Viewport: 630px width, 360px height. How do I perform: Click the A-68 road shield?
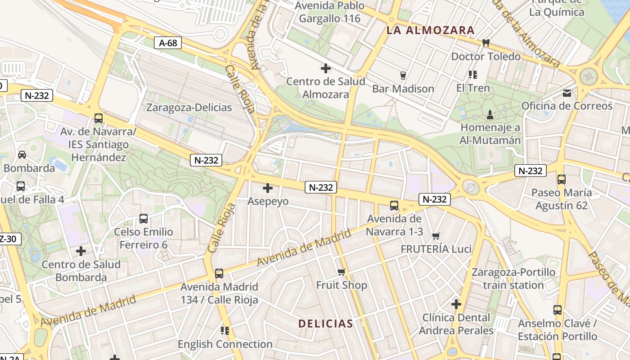pos(168,43)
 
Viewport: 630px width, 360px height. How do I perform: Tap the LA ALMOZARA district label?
pos(431,31)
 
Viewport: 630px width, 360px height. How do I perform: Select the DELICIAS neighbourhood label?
pos(326,324)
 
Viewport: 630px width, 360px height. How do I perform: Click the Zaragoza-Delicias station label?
pos(189,108)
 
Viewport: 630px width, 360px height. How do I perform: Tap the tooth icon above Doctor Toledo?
pos(486,43)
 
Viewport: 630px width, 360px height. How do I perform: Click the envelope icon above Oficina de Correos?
pos(567,93)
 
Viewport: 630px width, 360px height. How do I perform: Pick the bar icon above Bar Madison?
pos(403,75)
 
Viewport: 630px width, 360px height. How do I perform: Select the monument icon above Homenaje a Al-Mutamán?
pos(490,115)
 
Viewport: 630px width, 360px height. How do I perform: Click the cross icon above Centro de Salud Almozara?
pos(326,68)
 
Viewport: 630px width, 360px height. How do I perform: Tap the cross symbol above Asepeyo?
pos(268,188)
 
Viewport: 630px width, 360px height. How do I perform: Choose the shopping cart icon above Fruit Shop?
pos(342,272)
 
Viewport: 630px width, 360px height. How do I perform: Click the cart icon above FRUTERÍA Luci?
pos(436,236)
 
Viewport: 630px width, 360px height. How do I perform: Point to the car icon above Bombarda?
pos(22,155)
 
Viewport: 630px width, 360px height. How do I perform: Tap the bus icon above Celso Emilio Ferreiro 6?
pos(144,219)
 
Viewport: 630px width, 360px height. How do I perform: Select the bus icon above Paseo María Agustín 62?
pos(562,180)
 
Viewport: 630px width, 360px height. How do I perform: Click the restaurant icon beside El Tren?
pos(472,75)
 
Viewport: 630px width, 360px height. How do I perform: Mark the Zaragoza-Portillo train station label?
pos(513,279)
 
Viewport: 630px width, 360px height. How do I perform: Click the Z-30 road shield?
pos(9,239)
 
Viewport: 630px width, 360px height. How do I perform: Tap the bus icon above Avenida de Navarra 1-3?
pos(394,206)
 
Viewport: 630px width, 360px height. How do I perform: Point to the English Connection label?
pos(225,344)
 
